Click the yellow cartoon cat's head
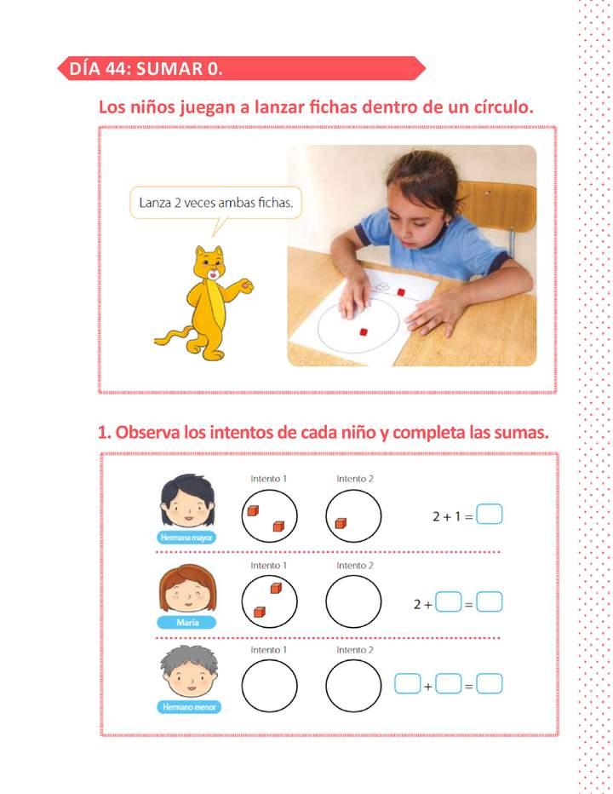[x=209, y=264]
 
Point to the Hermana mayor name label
[x=186, y=538]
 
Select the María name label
[x=187, y=623]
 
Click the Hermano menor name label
[x=188, y=706]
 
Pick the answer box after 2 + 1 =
[x=490, y=515]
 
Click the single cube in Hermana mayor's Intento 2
[x=341, y=523]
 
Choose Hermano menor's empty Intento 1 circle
[x=269, y=684]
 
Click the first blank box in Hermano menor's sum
[x=408, y=683]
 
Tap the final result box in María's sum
[x=490, y=603]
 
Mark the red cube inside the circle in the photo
[x=363, y=331]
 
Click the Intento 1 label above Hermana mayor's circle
[x=268, y=480]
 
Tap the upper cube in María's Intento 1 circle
[x=276, y=589]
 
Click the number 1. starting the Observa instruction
[x=105, y=433]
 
